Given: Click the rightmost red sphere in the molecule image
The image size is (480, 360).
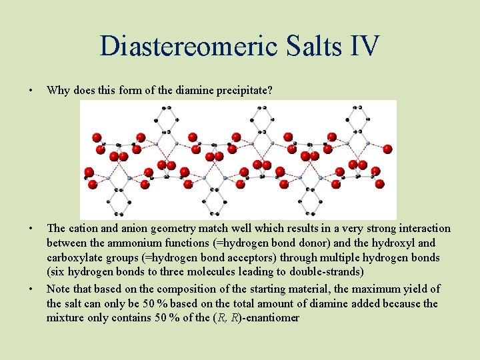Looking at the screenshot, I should point(387,149).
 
